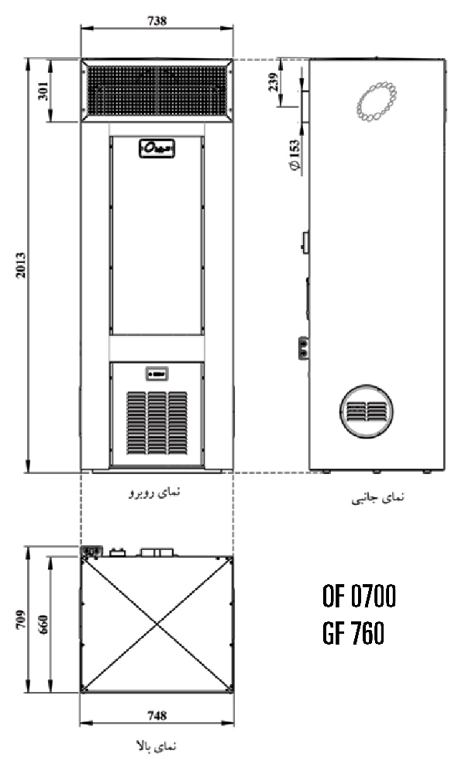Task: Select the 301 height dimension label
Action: pyautogui.click(x=43, y=91)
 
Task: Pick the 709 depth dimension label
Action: pyautogui.click(x=21, y=618)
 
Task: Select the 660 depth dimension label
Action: pyautogui.click(x=43, y=623)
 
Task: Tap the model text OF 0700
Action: pyautogui.click(x=359, y=597)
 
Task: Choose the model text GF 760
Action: pyautogui.click(x=353, y=635)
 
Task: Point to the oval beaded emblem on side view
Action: pyautogui.click(x=377, y=102)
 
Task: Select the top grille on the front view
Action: pyautogui.click(x=157, y=91)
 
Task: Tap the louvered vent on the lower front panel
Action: pyautogui.click(x=157, y=421)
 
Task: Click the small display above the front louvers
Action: pyautogui.click(x=157, y=375)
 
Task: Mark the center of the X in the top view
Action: pyautogui.click(x=157, y=624)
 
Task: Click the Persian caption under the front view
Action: pyautogui.click(x=157, y=492)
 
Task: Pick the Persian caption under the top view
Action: pyautogui.click(x=157, y=745)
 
